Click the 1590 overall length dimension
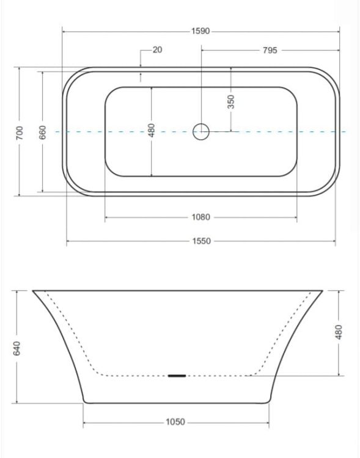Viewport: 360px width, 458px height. coord(200,31)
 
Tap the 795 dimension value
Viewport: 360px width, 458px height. coord(270,50)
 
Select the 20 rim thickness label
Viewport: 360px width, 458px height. coord(157,49)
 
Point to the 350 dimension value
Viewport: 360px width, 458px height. coord(231,101)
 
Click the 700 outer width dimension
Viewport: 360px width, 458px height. coord(20,133)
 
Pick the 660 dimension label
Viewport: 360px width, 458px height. coord(42,133)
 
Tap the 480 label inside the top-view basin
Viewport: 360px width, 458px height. coord(151,131)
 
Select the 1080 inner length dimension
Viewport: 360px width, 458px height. coord(200,217)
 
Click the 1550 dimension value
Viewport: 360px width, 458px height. coord(201,241)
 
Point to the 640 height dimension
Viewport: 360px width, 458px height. coord(17,349)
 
